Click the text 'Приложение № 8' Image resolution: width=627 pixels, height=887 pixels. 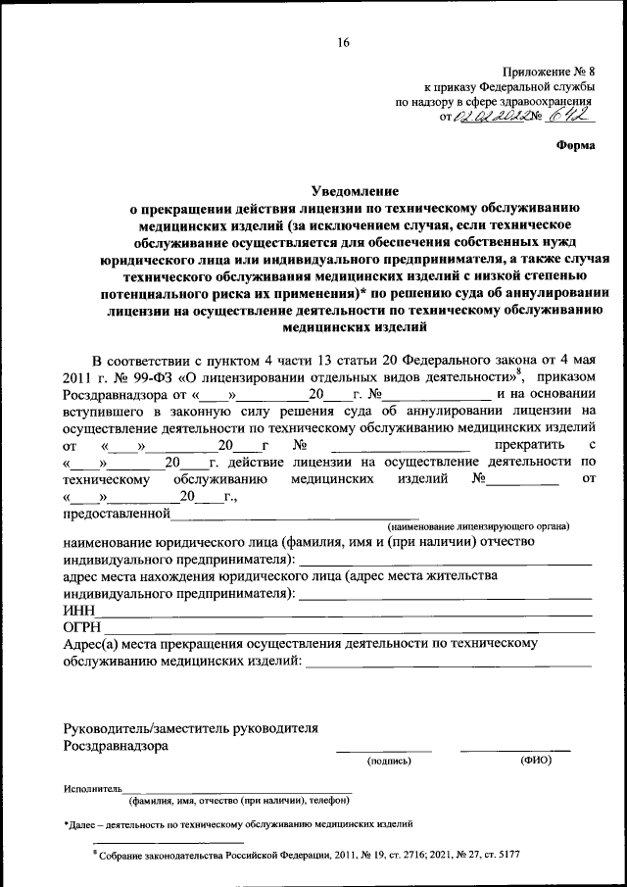pos(548,72)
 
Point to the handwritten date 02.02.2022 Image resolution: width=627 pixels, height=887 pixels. pos(502,117)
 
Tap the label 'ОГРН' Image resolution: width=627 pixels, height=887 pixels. pos(82,627)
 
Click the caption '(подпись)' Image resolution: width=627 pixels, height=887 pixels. pos(390,761)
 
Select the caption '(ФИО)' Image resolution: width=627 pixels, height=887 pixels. pos(536,761)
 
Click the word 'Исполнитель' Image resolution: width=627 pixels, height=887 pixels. pos(92,788)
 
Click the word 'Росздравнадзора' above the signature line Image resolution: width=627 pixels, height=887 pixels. pos(115,745)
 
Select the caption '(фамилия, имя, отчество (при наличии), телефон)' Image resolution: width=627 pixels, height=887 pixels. pos(240,800)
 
